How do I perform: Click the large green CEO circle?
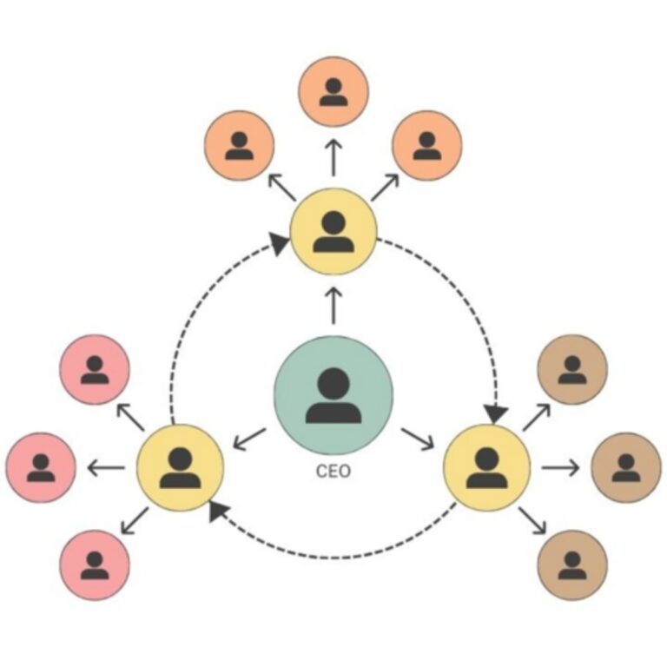(x=333, y=395)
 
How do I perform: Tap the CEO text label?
(x=333, y=475)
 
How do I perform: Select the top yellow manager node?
(x=333, y=231)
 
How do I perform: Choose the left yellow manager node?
(x=181, y=468)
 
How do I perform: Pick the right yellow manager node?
(x=486, y=468)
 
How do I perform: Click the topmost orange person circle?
(x=333, y=91)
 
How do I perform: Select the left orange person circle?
(x=239, y=145)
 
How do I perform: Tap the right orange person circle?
(x=427, y=145)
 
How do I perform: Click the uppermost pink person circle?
(x=95, y=369)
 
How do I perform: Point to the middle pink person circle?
(x=41, y=468)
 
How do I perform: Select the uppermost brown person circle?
(x=572, y=369)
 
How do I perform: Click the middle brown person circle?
(x=625, y=468)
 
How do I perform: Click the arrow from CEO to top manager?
(x=333, y=304)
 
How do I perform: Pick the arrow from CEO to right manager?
(x=418, y=438)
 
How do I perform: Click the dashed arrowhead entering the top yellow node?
(x=280, y=243)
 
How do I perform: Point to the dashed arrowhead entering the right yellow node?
(x=496, y=412)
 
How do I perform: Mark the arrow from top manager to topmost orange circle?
(x=333, y=159)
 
